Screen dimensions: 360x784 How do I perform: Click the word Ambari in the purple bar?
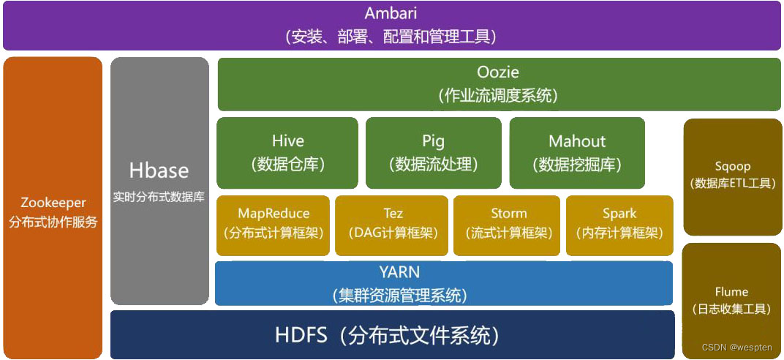pos(391,14)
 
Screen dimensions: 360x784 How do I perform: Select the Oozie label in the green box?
pos(497,72)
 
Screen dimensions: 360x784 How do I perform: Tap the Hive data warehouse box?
pos(287,152)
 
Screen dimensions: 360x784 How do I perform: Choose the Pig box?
pos(433,152)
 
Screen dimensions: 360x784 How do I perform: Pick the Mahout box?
pos(577,152)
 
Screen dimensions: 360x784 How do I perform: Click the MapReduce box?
pos(274,224)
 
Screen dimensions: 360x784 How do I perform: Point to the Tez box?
pos(392,224)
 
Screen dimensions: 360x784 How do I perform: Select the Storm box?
pos(508,224)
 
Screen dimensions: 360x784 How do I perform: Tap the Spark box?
pos(619,224)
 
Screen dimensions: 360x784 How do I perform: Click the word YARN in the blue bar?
pos(399,272)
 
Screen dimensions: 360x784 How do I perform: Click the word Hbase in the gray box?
pos(159,170)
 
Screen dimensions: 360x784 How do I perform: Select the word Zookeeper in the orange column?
pos(53,203)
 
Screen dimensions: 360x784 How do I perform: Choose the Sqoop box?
pos(733,175)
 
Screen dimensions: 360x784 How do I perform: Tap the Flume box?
pos(732,300)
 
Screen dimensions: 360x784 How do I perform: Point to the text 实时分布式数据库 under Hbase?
pos(159,197)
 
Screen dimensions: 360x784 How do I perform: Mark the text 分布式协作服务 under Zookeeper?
pos(53,222)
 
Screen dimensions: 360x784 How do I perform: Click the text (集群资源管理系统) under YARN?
pos(399,295)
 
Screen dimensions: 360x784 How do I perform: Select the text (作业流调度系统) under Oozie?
pos(497,95)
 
